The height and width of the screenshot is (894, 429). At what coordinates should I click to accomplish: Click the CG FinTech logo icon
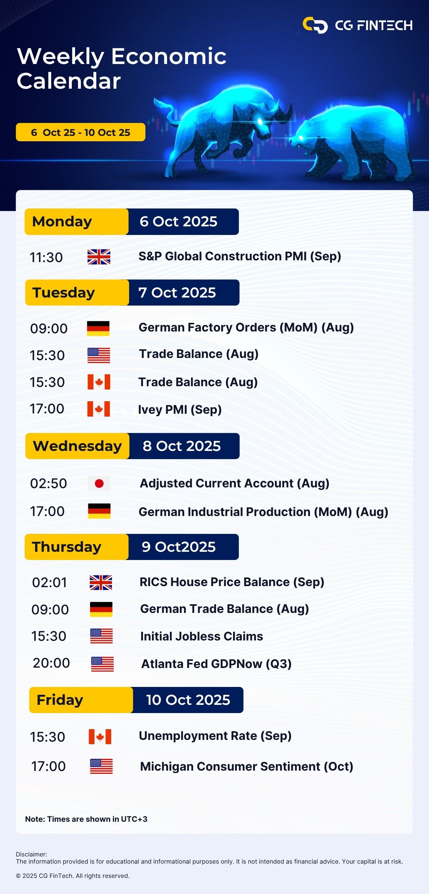point(315,25)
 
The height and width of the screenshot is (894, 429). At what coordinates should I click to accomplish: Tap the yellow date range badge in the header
point(80,132)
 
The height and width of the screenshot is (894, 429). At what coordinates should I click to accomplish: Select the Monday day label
point(62,222)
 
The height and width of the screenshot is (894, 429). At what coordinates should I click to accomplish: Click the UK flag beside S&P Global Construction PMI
point(99,257)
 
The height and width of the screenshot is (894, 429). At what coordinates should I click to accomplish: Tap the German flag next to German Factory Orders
point(98,328)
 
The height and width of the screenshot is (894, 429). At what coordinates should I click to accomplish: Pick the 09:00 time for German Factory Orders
point(49,329)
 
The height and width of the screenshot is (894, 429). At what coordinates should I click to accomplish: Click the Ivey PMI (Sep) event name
point(180,410)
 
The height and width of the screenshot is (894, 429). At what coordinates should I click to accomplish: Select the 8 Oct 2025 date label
point(182,446)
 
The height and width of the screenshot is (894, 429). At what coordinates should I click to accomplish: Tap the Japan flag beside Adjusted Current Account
point(99,483)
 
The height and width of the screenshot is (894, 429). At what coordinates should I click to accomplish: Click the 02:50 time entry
point(49,483)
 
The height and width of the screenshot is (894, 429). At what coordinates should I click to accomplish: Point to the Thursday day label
point(66,547)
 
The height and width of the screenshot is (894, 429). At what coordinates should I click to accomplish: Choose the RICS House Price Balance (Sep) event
point(232,582)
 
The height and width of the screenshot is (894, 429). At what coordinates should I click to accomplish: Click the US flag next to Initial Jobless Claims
point(101,636)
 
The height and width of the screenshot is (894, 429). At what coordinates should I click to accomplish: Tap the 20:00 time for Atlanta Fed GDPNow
point(51,663)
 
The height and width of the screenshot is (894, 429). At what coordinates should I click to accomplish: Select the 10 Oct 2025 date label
point(188,700)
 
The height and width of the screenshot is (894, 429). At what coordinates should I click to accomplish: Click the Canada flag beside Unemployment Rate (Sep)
point(100,737)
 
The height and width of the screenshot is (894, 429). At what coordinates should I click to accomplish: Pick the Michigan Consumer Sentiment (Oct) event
point(247,767)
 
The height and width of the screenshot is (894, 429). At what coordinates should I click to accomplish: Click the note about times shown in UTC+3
point(86,819)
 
